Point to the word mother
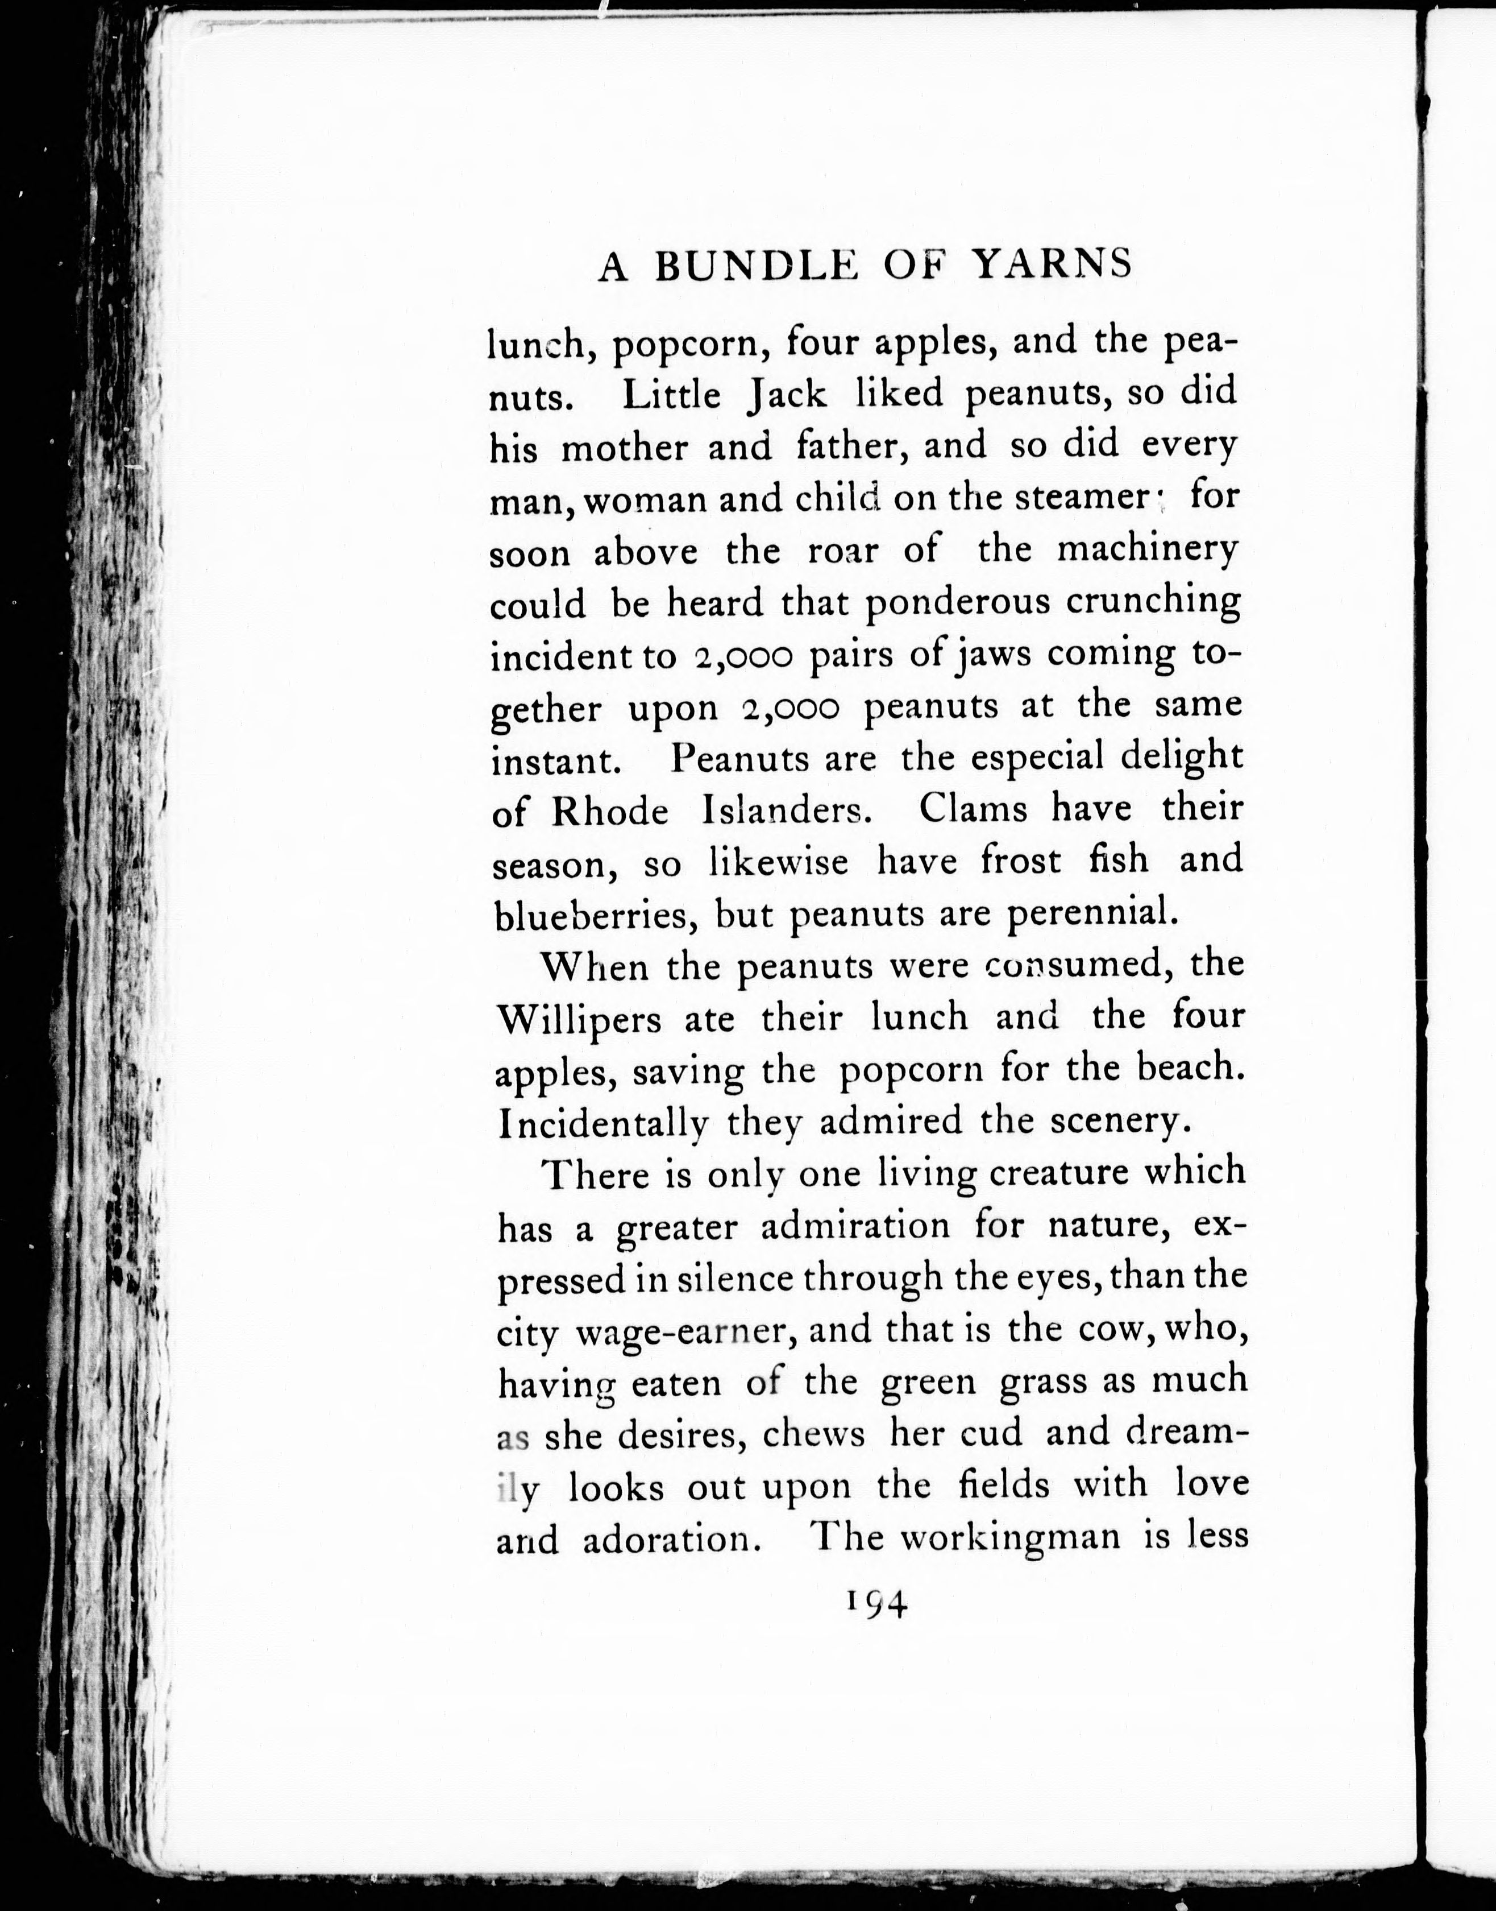[624, 448]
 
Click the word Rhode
[610, 812]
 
